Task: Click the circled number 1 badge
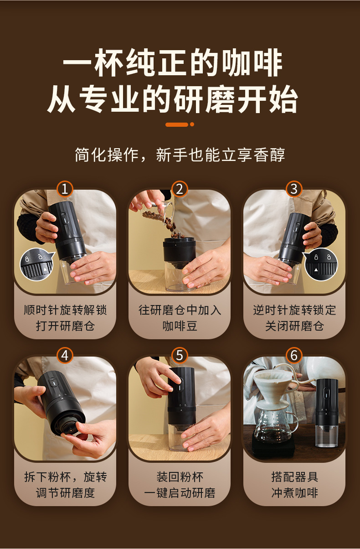(65, 189)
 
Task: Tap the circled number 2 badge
(180, 189)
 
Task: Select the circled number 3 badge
(294, 189)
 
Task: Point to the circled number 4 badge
(65, 355)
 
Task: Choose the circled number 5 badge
(180, 355)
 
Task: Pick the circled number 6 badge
(294, 355)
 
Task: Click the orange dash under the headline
(177, 124)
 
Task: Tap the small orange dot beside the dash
(192, 124)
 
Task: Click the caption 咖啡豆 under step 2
(180, 326)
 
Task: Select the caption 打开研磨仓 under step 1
(65, 326)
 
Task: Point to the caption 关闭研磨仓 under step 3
(294, 326)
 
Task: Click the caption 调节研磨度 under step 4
(65, 492)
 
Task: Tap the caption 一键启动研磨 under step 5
(180, 492)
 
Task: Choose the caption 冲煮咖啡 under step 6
(295, 492)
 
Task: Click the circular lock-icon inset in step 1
(37, 264)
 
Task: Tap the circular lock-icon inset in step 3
(320, 264)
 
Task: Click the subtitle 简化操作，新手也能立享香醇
(180, 155)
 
